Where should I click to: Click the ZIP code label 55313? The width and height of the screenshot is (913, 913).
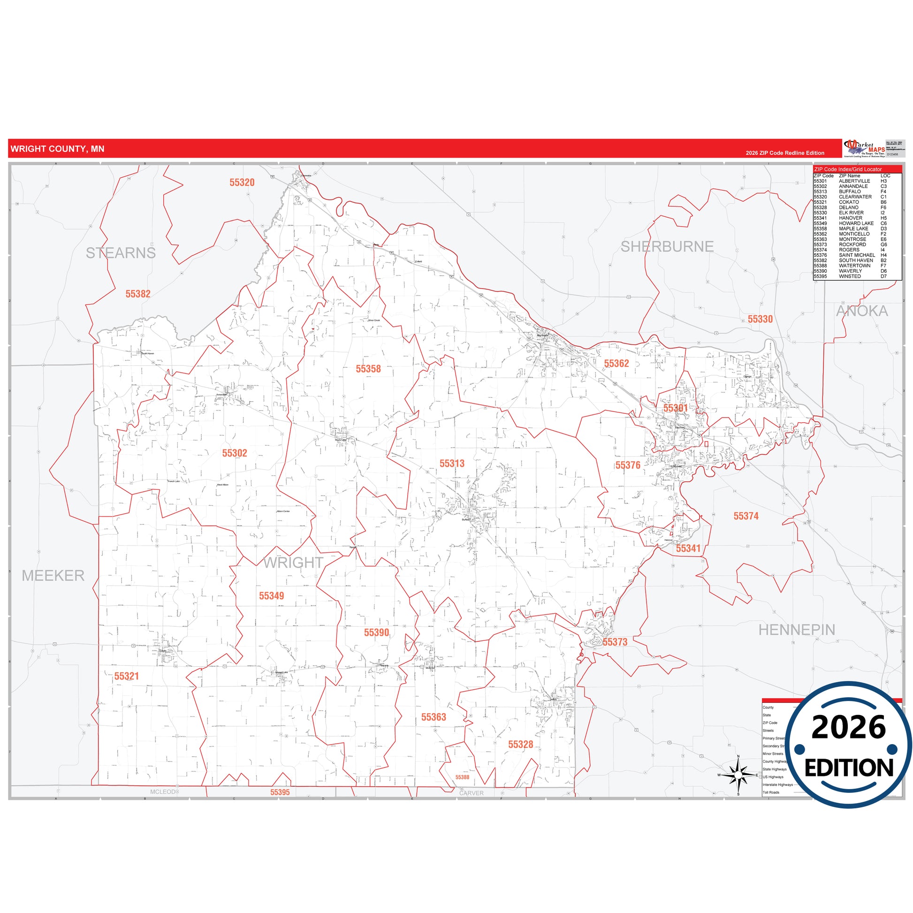(452, 464)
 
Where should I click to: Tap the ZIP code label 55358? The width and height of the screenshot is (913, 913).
(368, 369)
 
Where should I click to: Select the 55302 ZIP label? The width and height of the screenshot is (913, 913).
(235, 453)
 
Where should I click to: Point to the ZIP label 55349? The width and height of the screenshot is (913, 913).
(271, 596)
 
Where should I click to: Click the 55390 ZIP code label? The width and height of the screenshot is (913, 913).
(376, 632)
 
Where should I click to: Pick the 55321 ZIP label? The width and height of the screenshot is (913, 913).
(127, 676)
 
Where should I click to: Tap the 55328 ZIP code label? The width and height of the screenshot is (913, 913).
(520, 744)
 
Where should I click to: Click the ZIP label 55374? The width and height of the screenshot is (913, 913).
(746, 516)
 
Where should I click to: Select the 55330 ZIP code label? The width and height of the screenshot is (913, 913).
(760, 319)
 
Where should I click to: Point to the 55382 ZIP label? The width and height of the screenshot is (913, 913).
(137, 294)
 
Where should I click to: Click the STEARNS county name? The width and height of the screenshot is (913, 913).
(121, 253)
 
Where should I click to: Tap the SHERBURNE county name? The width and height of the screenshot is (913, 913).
(667, 246)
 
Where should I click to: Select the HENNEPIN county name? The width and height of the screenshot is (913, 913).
(797, 630)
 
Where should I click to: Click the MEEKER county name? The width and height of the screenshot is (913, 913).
(53, 575)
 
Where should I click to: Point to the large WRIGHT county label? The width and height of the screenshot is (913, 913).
(293, 563)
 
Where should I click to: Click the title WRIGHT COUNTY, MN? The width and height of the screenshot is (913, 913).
(57, 149)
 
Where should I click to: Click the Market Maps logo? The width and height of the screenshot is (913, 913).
(864, 148)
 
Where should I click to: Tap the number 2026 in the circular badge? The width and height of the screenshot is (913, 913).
(848, 728)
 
